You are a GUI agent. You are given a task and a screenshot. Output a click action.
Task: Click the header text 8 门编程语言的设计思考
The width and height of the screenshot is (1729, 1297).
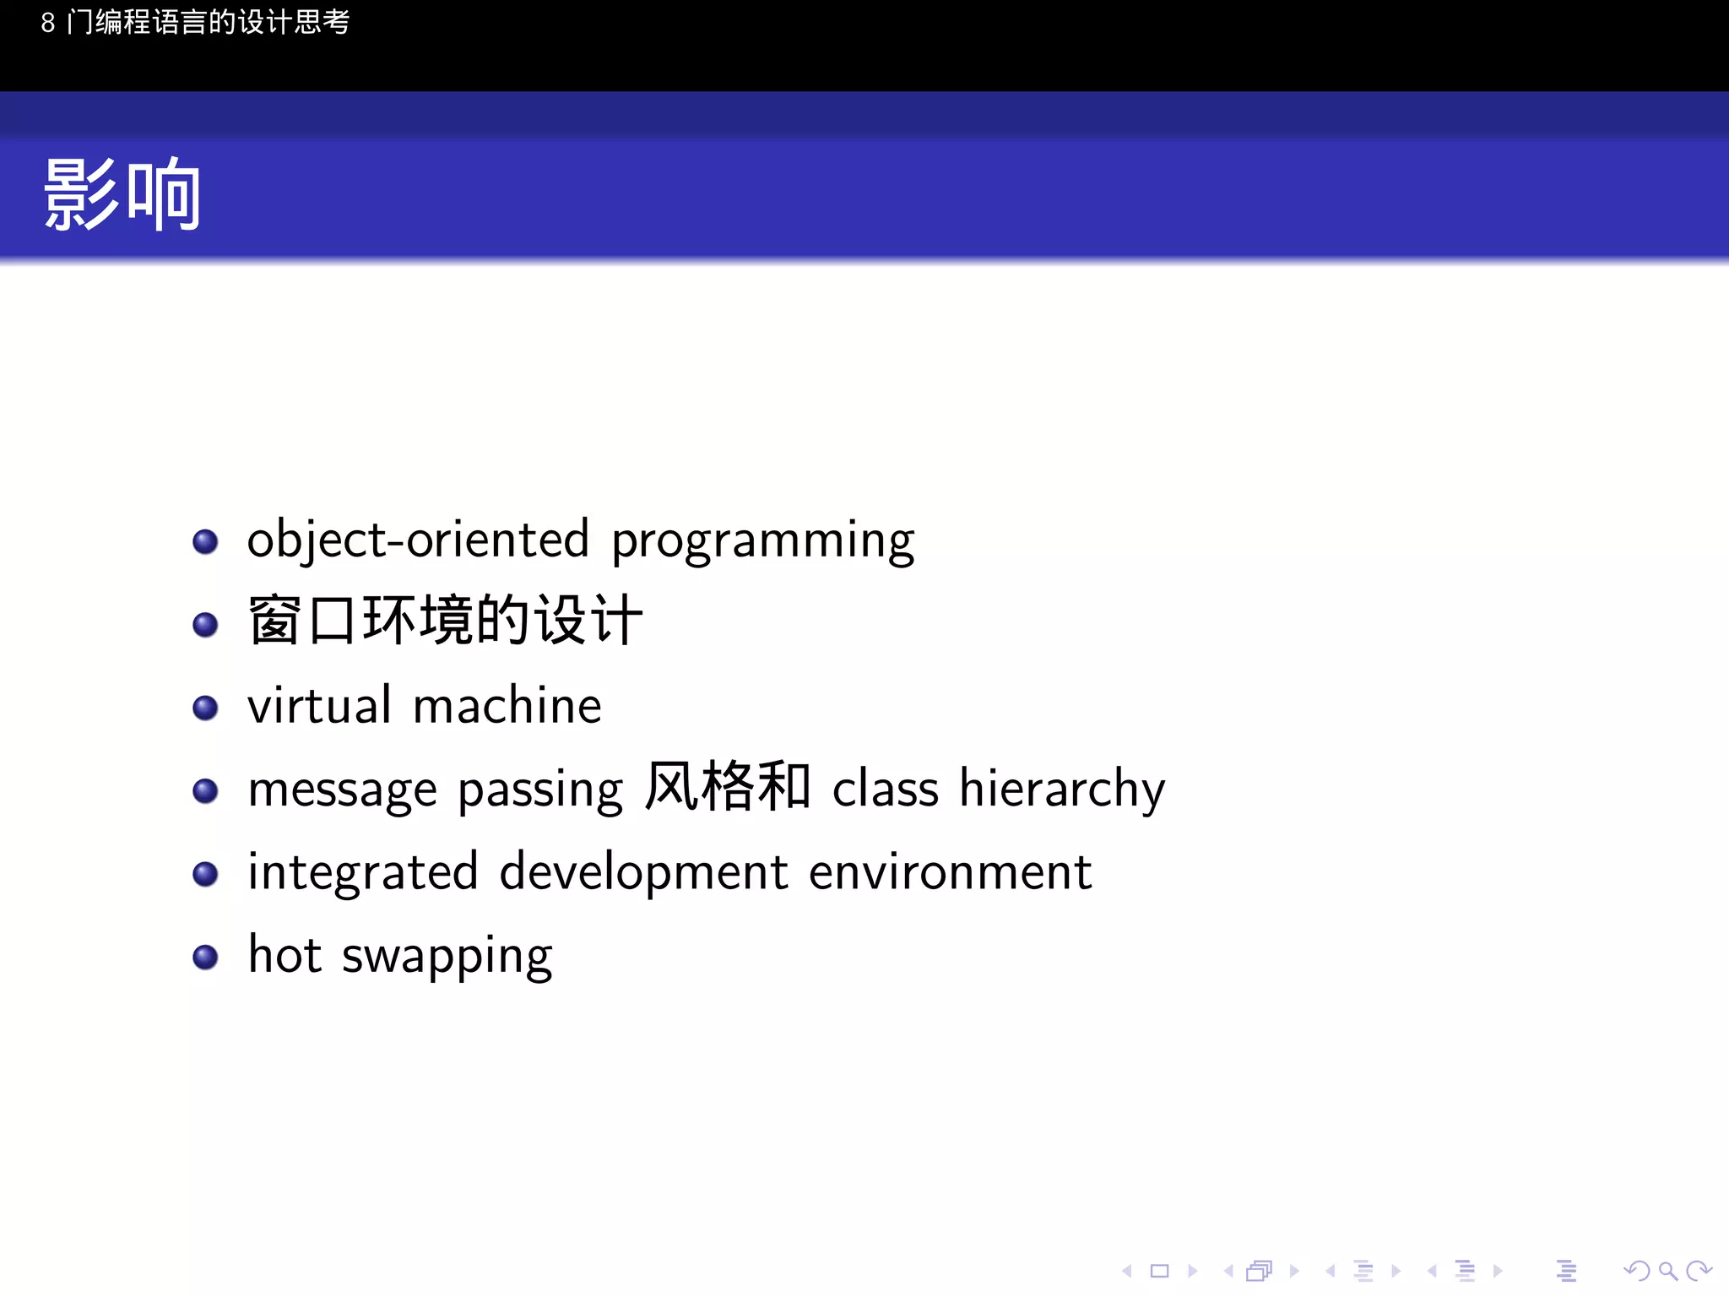pyautogui.click(x=195, y=22)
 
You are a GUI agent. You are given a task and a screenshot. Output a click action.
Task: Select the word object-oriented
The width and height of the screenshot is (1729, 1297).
pyautogui.click(x=418, y=540)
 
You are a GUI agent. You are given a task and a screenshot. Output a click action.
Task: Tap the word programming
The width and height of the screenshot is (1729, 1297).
pyautogui.click(x=762, y=541)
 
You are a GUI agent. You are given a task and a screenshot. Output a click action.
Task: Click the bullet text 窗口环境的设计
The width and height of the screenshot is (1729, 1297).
pyautogui.click(x=445, y=621)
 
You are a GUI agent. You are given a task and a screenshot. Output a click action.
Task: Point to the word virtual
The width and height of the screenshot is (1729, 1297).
pyautogui.click(x=319, y=705)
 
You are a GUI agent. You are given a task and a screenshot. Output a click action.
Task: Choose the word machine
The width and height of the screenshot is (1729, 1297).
pyautogui.click(x=507, y=706)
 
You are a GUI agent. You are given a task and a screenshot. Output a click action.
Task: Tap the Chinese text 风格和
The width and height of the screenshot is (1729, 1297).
pyautogui.click(x=727, y=787)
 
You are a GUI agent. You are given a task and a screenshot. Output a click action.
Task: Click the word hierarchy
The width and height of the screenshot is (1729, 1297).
pyautogui.click(x=1062, y=790)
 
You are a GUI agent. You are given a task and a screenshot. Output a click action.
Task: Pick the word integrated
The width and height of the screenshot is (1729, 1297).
pyautogui.click(x=362, y=873)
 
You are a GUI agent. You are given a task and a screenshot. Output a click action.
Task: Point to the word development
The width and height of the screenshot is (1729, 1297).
pyautogui.click(x=643, y=873)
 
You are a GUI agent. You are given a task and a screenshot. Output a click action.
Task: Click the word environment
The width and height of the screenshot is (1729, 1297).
pyautogui.click(x=950, y=873)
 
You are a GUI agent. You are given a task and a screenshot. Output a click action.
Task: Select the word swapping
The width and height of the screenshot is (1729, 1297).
pyautogui.click(x=447, y=958)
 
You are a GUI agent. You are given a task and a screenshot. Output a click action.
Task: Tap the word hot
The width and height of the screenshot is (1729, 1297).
pyautogui.click(x=285, y=955)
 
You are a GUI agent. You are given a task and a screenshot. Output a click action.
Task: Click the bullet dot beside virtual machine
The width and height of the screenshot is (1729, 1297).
pyautogui.click(x=205, y=708)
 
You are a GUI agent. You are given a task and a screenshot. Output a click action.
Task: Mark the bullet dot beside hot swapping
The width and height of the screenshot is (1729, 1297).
pyautogui.click(x=205, y=957)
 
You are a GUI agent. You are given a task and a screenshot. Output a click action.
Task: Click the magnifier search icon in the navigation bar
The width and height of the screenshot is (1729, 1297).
pyautogui.click(x=1667, y=1271)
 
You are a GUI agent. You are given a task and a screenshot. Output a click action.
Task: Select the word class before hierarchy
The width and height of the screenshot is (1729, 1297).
pyautogui.click(x=885, y=789)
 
